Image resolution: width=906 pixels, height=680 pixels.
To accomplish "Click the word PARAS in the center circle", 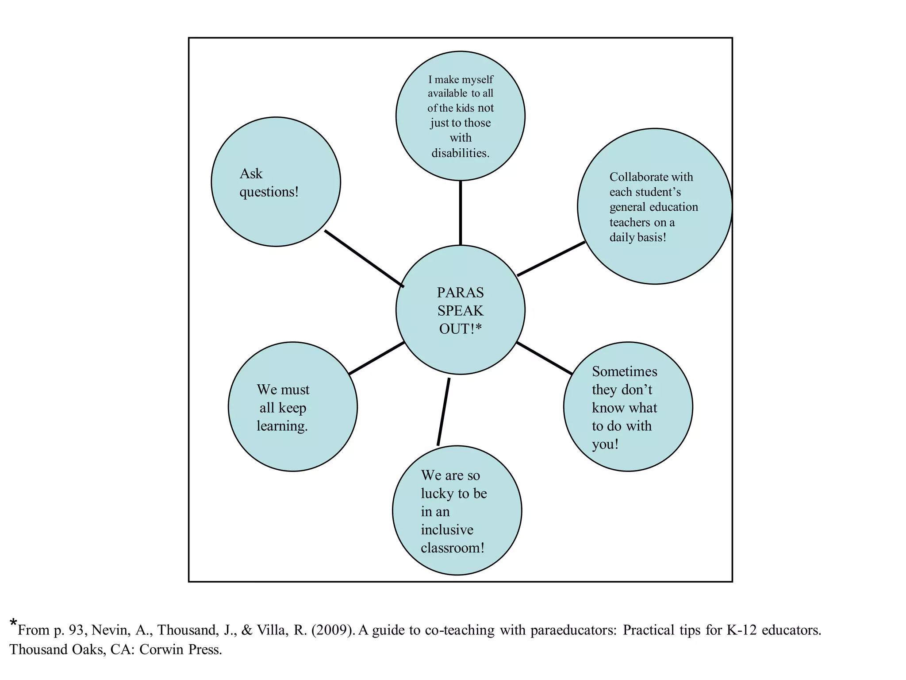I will pos(460,293).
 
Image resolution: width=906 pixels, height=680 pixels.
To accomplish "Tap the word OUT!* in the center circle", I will pos(460,329).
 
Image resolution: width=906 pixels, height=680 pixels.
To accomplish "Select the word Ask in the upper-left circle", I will pos(251,174).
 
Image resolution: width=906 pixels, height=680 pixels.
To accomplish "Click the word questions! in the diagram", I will pos(269,192).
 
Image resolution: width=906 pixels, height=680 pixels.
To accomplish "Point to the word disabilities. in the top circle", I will pos(460,153).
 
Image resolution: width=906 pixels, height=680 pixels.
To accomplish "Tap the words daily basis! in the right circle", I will pos(637,237).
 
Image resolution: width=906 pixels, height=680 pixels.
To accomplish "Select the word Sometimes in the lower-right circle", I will pos(624,371).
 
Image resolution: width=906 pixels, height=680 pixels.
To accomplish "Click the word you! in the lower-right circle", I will pos(605,444).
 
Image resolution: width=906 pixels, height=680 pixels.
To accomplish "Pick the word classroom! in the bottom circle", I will pos(452,548).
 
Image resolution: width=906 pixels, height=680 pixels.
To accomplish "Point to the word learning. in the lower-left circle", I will pos(282,426).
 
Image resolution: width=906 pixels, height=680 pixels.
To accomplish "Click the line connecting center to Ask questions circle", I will pos(364,259).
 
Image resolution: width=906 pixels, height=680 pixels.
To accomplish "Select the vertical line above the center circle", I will pos(460,212).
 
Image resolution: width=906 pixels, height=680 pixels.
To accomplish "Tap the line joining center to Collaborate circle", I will pos(551,259).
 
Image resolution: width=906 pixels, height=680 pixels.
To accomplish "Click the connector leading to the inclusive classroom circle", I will pos(443,412).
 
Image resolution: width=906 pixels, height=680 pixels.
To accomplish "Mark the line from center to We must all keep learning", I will pos(376,358).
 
